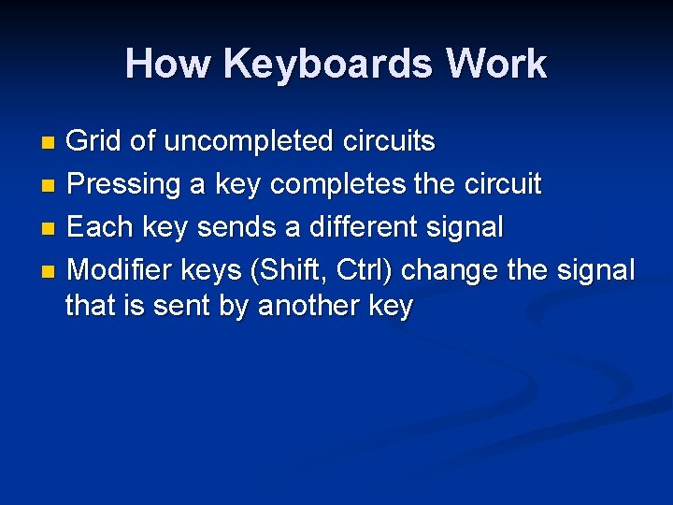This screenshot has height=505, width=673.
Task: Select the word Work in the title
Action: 496,65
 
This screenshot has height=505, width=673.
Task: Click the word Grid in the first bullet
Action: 94,141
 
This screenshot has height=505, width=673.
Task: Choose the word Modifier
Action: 125,270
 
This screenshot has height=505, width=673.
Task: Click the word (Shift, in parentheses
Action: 281,270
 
